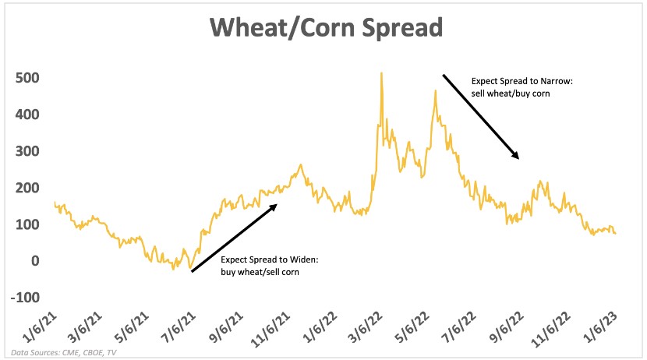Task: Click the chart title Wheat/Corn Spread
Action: [323, 29]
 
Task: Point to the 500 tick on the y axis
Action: [27, 79]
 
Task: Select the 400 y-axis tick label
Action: [27, 115]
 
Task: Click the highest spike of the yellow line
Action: [381, 74]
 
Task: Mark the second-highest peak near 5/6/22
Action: [436, 91]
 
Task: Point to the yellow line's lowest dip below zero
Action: [189, 270]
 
